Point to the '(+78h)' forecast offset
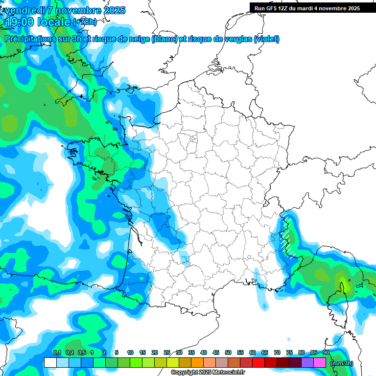tap(85, 22)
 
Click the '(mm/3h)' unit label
tap(342, 363)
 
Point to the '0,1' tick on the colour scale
tap(57, 353)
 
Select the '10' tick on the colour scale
tap(130, 353)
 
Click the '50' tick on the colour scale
tap(228, 353)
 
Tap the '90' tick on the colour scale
tap(326, 353)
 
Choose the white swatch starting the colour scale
tap(50, 362)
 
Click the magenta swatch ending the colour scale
tap(320, 362)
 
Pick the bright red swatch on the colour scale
tap(258, 362)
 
